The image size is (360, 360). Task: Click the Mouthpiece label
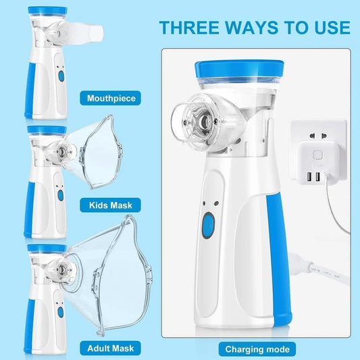pyautogui.click(x=111, y=99)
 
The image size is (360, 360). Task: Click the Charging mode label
pyautogui.click(x=259, y=349)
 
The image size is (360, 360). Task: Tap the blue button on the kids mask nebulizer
pyautogui.click(x=59, y=195)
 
